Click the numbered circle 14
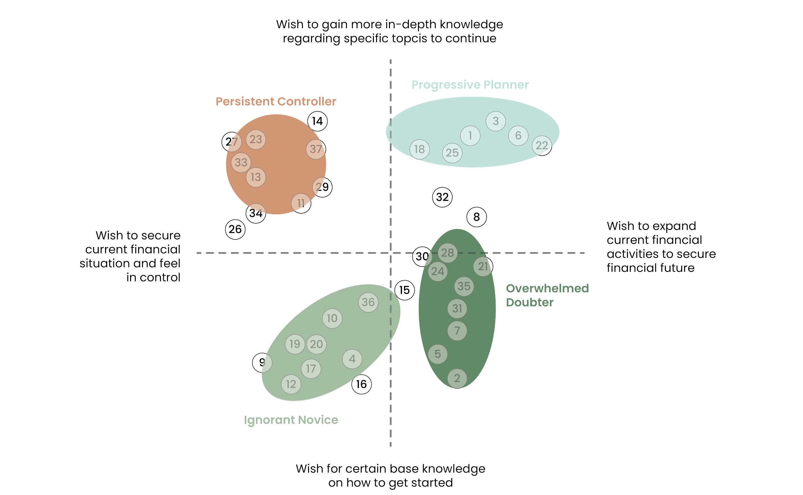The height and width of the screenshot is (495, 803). pyautogui.click(x=317, y=121)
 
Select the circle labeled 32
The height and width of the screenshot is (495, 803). pyautogui.click(x=442, y=197)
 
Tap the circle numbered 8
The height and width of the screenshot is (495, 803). pyautogui.click(x=477, y=217)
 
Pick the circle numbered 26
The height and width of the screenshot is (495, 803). pyautogui.click(x=235, y=229)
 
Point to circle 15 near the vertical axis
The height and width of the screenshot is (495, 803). pyautogui.click(x=404, y=290)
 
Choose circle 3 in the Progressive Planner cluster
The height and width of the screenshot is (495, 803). pyautogui.click(x=496, y=121)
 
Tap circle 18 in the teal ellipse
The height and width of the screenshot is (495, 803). pyautogui.click(x=419, y=149)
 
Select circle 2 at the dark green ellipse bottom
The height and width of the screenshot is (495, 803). pyautogui.click(x=457, y=379)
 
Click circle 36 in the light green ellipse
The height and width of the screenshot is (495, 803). pyautogui.click(x=368, y=302)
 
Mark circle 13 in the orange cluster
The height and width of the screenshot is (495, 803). pyautogui.click(x=256, y=177)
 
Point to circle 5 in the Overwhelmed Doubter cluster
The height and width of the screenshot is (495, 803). pyautogui.click(x=437, y=354)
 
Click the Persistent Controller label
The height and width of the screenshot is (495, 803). pyautogui.click(x=276, y=101)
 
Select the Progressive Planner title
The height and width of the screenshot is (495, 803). pyautogui.click(x=470, y=85)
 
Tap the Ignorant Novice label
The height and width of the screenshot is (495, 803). pyautogui.click(x=291, y=420)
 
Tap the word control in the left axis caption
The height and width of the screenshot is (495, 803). pyautogui.click(x=160, y=277)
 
